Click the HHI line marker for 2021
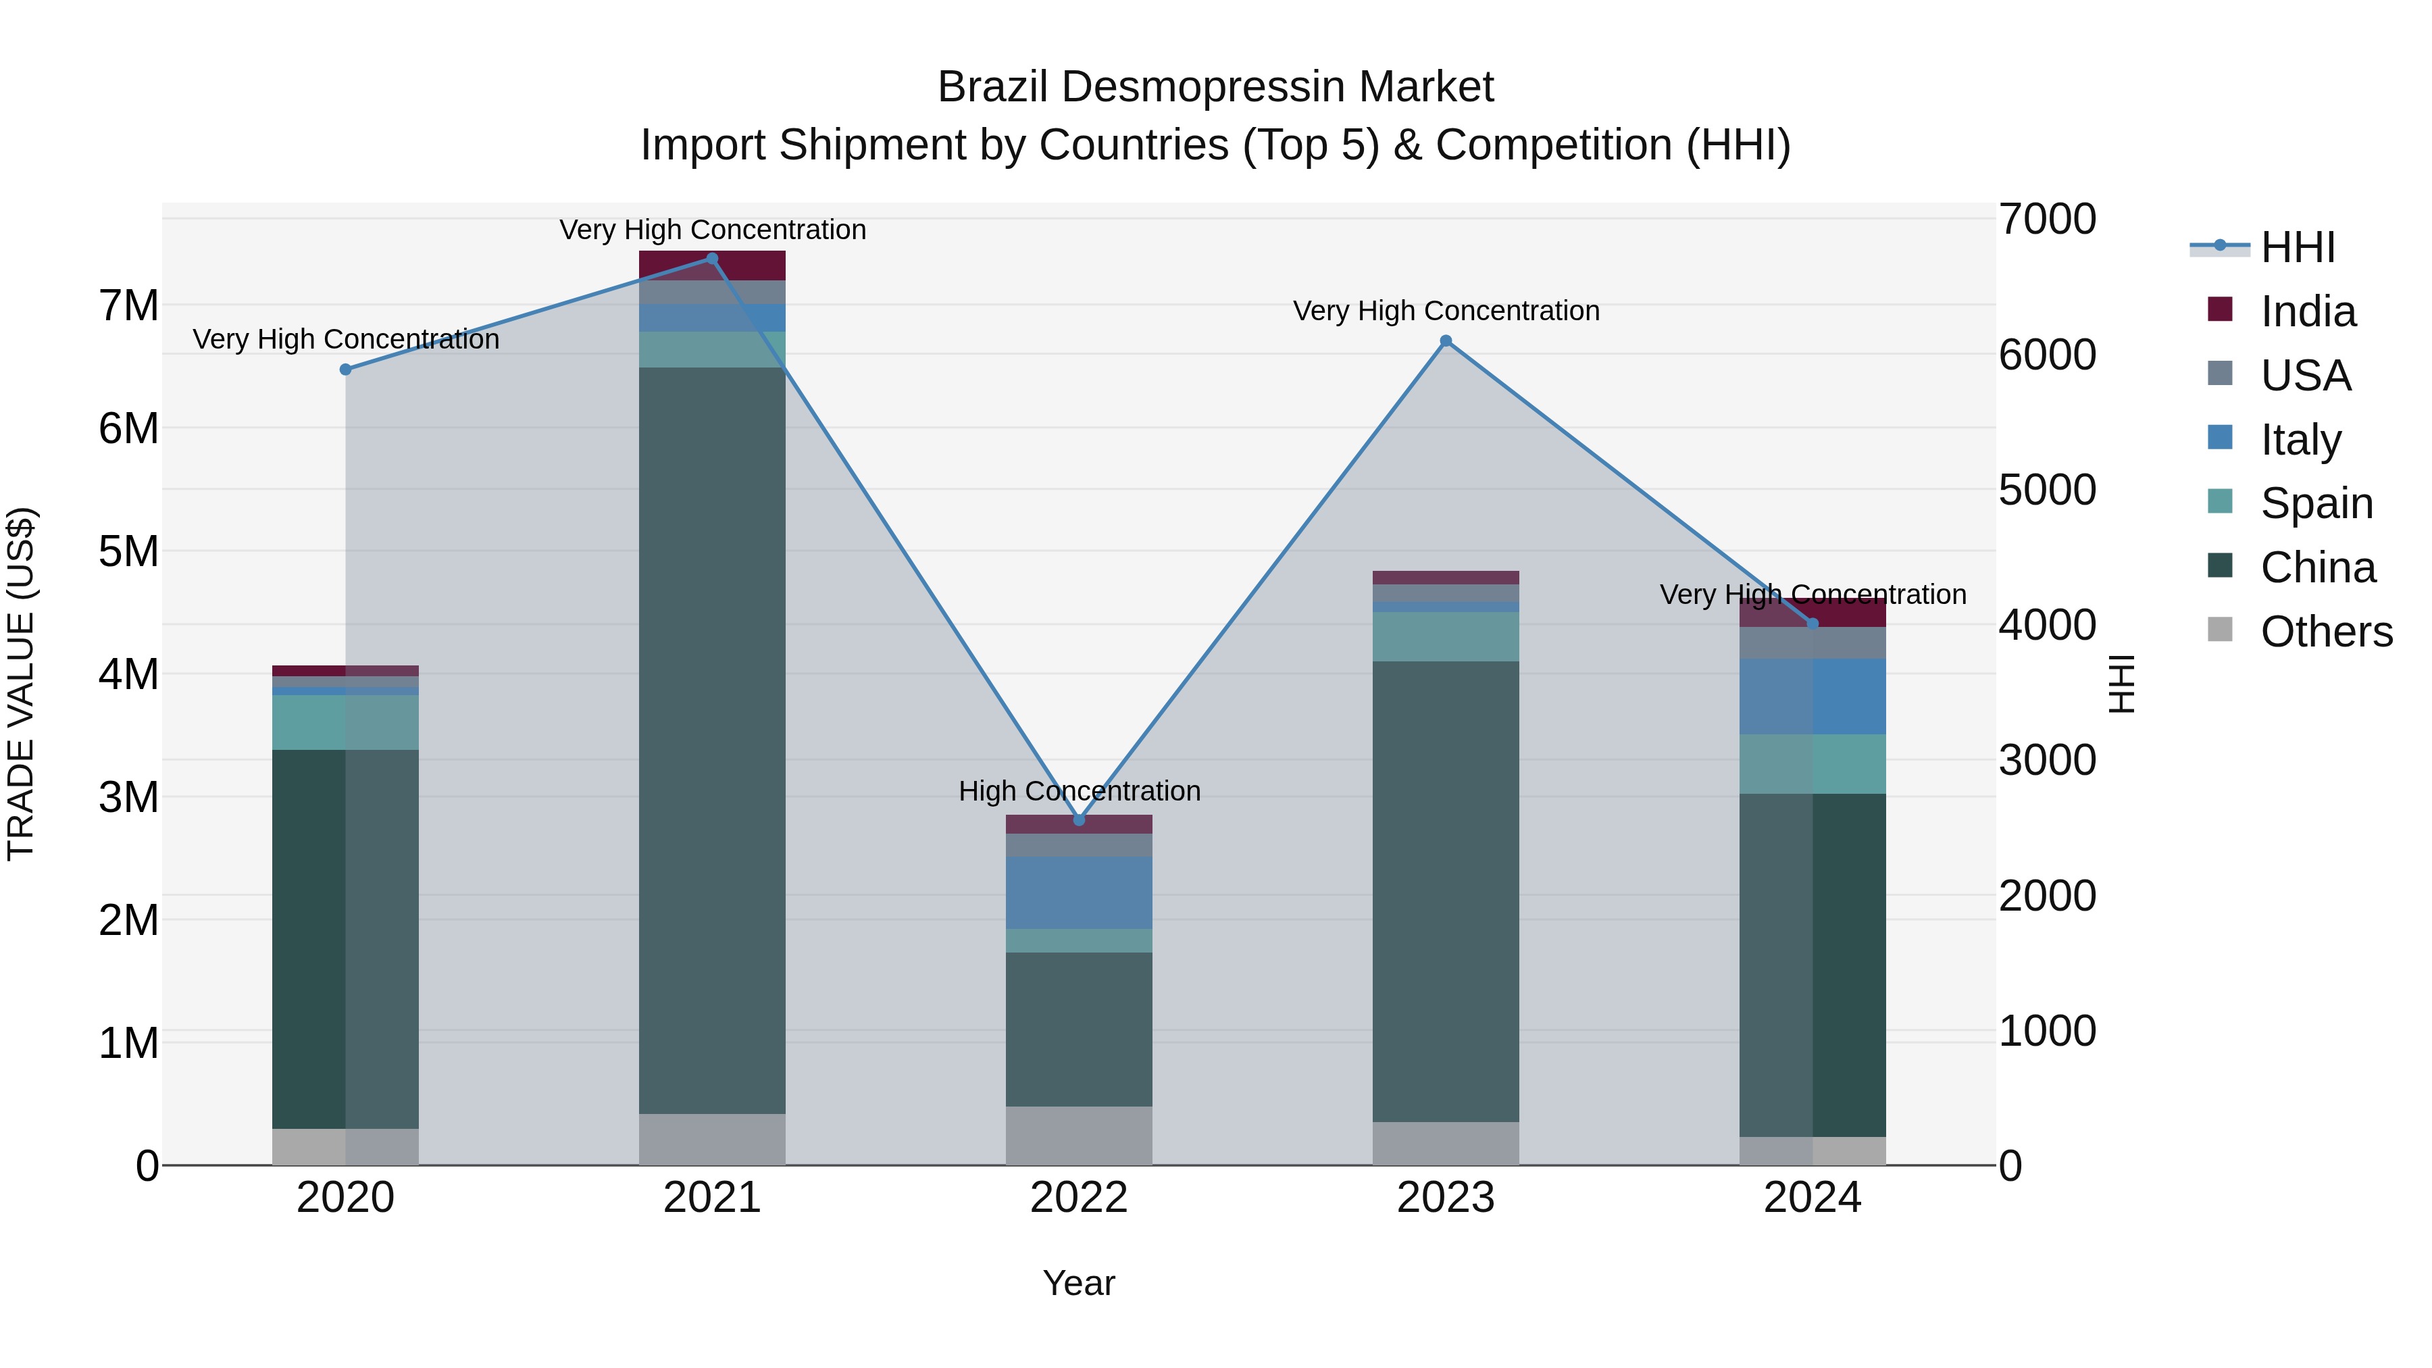point(712,259)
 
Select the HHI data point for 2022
point(1079,819)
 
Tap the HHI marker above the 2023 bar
point(1446,341)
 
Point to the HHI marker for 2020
point(345,369)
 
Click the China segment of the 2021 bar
point(712,740)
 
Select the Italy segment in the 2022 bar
point(1079,892)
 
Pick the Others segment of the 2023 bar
point(1446,1142)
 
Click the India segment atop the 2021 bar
point(712,266)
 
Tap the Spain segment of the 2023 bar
point(1446,636)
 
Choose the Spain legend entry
point(2315,503)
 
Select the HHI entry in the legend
point(2296,247)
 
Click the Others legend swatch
point(2220,630)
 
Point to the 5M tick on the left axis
point(128,551)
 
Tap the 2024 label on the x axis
point(1812,1198)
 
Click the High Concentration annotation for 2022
point(1079,791)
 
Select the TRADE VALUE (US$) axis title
point(21,684)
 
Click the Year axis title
point(1078,1283)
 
